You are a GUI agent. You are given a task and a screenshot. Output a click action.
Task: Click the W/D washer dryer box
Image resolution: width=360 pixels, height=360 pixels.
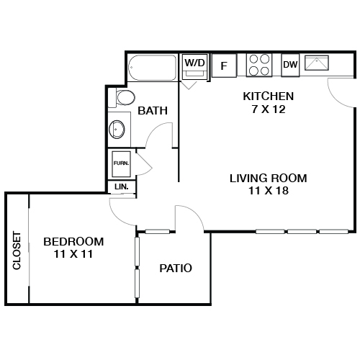194,64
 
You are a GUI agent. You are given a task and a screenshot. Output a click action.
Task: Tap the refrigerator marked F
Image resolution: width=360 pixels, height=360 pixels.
224,66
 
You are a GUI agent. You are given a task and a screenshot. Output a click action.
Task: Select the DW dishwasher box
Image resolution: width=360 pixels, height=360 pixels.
290,65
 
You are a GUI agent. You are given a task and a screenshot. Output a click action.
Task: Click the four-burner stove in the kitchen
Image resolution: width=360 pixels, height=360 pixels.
259,65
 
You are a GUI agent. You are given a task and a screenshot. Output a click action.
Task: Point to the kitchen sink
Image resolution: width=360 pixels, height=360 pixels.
318,64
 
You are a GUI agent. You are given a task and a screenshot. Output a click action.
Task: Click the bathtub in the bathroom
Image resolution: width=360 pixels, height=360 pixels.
152,71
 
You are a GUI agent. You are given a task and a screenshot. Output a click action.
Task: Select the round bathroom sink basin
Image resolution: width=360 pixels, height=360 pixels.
117,130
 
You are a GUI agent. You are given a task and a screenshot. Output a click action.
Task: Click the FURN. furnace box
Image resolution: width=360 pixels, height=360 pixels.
120,164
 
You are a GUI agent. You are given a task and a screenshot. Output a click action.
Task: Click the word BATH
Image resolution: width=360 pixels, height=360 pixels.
153,111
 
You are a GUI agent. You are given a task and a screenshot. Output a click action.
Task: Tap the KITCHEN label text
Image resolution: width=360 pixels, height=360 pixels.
268,96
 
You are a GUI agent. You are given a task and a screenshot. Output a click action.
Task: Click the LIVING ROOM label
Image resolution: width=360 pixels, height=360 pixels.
269,178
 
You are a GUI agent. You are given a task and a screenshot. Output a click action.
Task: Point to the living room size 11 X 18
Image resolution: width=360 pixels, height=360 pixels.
269,191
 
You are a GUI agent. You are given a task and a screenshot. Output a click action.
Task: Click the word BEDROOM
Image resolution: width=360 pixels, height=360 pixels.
73,241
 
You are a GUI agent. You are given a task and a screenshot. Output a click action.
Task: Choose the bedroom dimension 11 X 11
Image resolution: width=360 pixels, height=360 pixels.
73,254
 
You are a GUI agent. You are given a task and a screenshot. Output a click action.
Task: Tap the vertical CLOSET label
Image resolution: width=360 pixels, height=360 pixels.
17,251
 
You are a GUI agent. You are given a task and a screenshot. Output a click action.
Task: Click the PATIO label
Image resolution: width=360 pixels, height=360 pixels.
176,269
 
